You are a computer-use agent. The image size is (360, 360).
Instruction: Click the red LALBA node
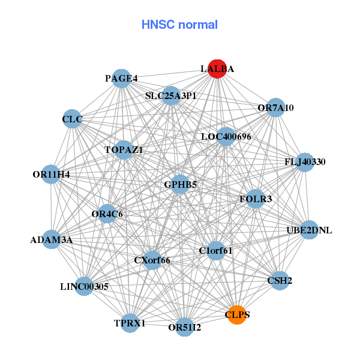click(217, 69)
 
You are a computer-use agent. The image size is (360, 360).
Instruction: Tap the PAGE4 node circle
click(122, 79)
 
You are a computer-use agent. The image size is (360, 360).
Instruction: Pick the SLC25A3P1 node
click(171, 95)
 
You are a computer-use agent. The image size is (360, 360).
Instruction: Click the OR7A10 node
click(275, 108)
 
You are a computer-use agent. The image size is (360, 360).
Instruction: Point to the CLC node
click(72, 119)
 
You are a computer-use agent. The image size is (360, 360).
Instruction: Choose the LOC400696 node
click(226, 137)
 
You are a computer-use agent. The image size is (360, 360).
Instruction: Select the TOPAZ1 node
click(124, 150)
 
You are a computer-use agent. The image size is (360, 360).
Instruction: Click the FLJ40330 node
click(305, 162)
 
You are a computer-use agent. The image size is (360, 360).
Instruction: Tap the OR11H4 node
click(52, 175)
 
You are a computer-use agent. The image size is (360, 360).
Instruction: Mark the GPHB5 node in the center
click(181, 185)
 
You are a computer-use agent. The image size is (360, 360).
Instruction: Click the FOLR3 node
click(256, 199)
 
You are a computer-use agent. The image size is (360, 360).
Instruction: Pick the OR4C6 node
click(107, 214)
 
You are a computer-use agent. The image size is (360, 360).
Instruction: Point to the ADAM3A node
click(52, 240)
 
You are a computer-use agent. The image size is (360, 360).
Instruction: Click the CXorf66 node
click(152, 260)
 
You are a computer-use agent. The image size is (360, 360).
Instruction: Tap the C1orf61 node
click(215, 251)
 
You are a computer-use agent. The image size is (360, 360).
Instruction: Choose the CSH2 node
click(280, 280)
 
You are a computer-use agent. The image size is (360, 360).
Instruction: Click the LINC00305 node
click(84, 286)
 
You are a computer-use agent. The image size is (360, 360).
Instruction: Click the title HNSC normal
click(179, 25)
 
